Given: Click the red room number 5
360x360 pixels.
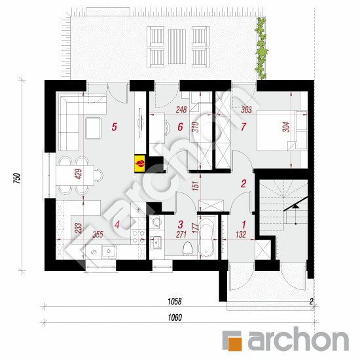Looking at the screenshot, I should [115, 128].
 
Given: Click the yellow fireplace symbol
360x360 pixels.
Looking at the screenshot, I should [139, 162].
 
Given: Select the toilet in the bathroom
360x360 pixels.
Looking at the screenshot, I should [188, 247].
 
